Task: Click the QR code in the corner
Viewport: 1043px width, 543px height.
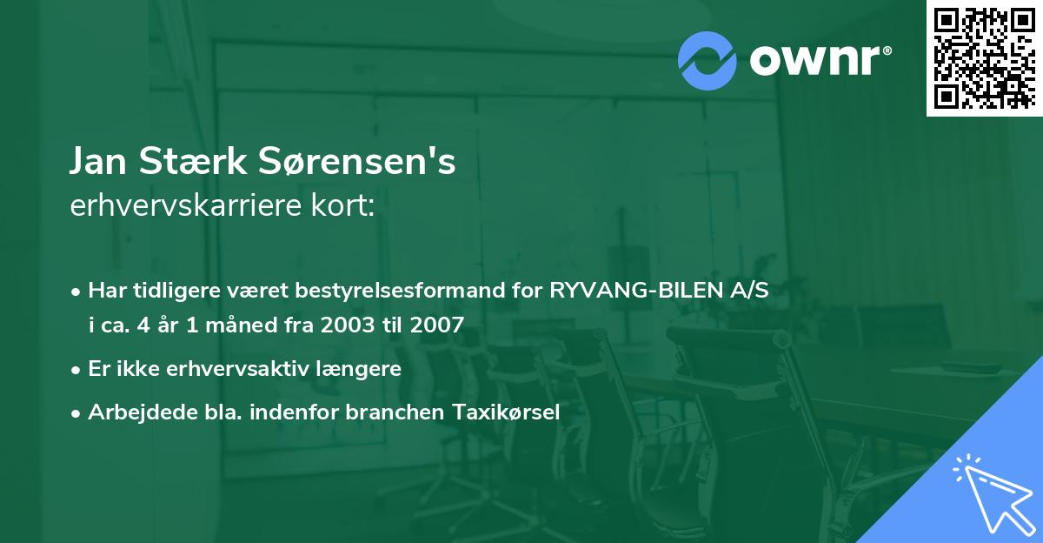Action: pyautogui.click(x=984, y=57)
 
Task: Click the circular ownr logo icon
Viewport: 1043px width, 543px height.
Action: pyautogui.click(x=708, y=60)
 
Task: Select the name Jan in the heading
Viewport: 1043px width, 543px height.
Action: pyautogui.click(x=100, y=162)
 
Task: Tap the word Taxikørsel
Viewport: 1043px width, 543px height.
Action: pyautogui.click(x=505, y=412)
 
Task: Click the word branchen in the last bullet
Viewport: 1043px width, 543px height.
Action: pyautogui.click(x=395, y=412)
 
